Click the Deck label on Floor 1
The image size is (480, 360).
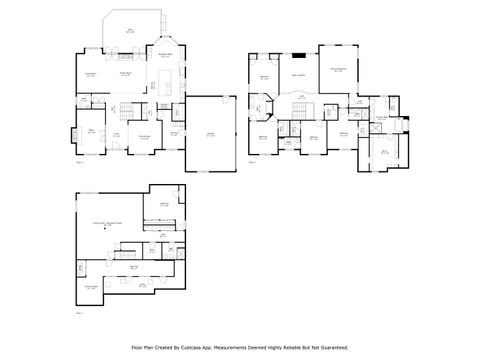[130, 31]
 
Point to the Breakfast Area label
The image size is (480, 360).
[165, 56]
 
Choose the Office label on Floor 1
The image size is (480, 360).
[90, 131]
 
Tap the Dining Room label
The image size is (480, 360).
[145, 137]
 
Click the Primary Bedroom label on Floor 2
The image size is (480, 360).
[339, 69]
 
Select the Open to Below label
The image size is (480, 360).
[298, 75]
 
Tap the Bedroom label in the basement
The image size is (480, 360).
[164, 205]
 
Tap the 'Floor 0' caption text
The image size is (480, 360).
[80, 313]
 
